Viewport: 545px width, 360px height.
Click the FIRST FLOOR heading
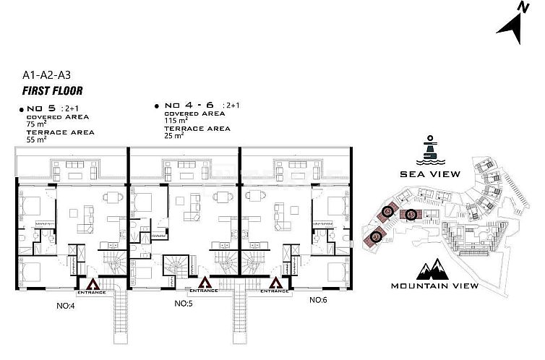pyautogui.click(x=52, y=91)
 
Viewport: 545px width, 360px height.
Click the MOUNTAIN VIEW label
pyautogui.click(x=434, y=286)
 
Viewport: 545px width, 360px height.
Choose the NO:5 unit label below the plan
pyautogui.click(x=184, y=304)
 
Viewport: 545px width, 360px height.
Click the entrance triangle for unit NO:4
pyautogui.click(x=93, y=283)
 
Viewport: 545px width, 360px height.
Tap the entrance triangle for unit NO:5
pyautogui.click(x=205, y=283)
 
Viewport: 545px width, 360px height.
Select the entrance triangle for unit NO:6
pyautogui.click(x=275, y=283)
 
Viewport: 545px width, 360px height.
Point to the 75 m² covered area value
pyautogui.click(x=36, y=124)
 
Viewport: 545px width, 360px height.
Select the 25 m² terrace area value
pyautogui.click(x=174, y=135)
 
